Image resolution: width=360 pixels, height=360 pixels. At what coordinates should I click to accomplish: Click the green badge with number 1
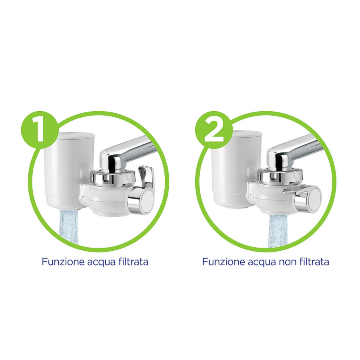40,130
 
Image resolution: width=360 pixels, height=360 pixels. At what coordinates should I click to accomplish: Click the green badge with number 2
214,130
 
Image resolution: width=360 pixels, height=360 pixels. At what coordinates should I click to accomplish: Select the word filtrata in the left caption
133,262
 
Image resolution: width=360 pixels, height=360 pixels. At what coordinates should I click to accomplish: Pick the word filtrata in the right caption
314,262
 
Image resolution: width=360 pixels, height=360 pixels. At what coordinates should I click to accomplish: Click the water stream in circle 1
69,227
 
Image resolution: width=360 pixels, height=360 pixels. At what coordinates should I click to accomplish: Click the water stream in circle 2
278,231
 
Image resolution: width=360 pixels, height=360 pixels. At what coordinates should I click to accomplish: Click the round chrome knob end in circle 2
314,198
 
